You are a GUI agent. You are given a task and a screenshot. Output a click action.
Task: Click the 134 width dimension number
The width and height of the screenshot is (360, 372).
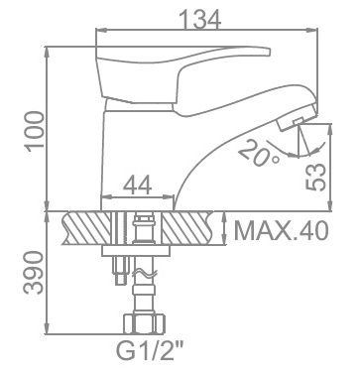point(201,19)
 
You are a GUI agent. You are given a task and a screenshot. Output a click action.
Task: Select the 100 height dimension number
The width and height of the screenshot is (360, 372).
point(36,131)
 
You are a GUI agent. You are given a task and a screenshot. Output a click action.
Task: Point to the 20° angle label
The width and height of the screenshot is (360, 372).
point(259,153)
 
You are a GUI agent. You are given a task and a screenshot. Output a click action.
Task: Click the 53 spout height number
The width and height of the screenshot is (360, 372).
point(315,177)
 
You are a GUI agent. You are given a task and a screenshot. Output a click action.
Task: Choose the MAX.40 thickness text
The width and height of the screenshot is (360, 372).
point(282,231)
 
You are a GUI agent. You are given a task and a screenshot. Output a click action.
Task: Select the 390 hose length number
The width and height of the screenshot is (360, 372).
point(34,272)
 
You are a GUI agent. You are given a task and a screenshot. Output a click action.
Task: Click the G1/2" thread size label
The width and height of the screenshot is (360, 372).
point(150,351)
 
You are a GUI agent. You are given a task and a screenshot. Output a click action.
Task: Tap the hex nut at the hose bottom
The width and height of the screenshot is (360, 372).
point(144,323)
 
